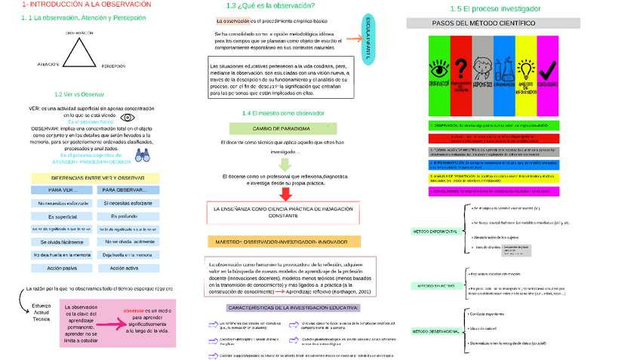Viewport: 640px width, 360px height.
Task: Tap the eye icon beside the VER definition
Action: click(x=128, y=118)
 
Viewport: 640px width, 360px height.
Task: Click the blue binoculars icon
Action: click(x=143, y=156)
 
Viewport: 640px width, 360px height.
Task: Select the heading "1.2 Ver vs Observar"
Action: click(x=79, y=94)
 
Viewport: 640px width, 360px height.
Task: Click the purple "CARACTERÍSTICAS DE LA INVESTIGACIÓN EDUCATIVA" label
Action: click(x=294, y=307)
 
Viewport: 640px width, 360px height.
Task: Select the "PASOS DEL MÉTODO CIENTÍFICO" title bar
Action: click(x=484, y=23)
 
